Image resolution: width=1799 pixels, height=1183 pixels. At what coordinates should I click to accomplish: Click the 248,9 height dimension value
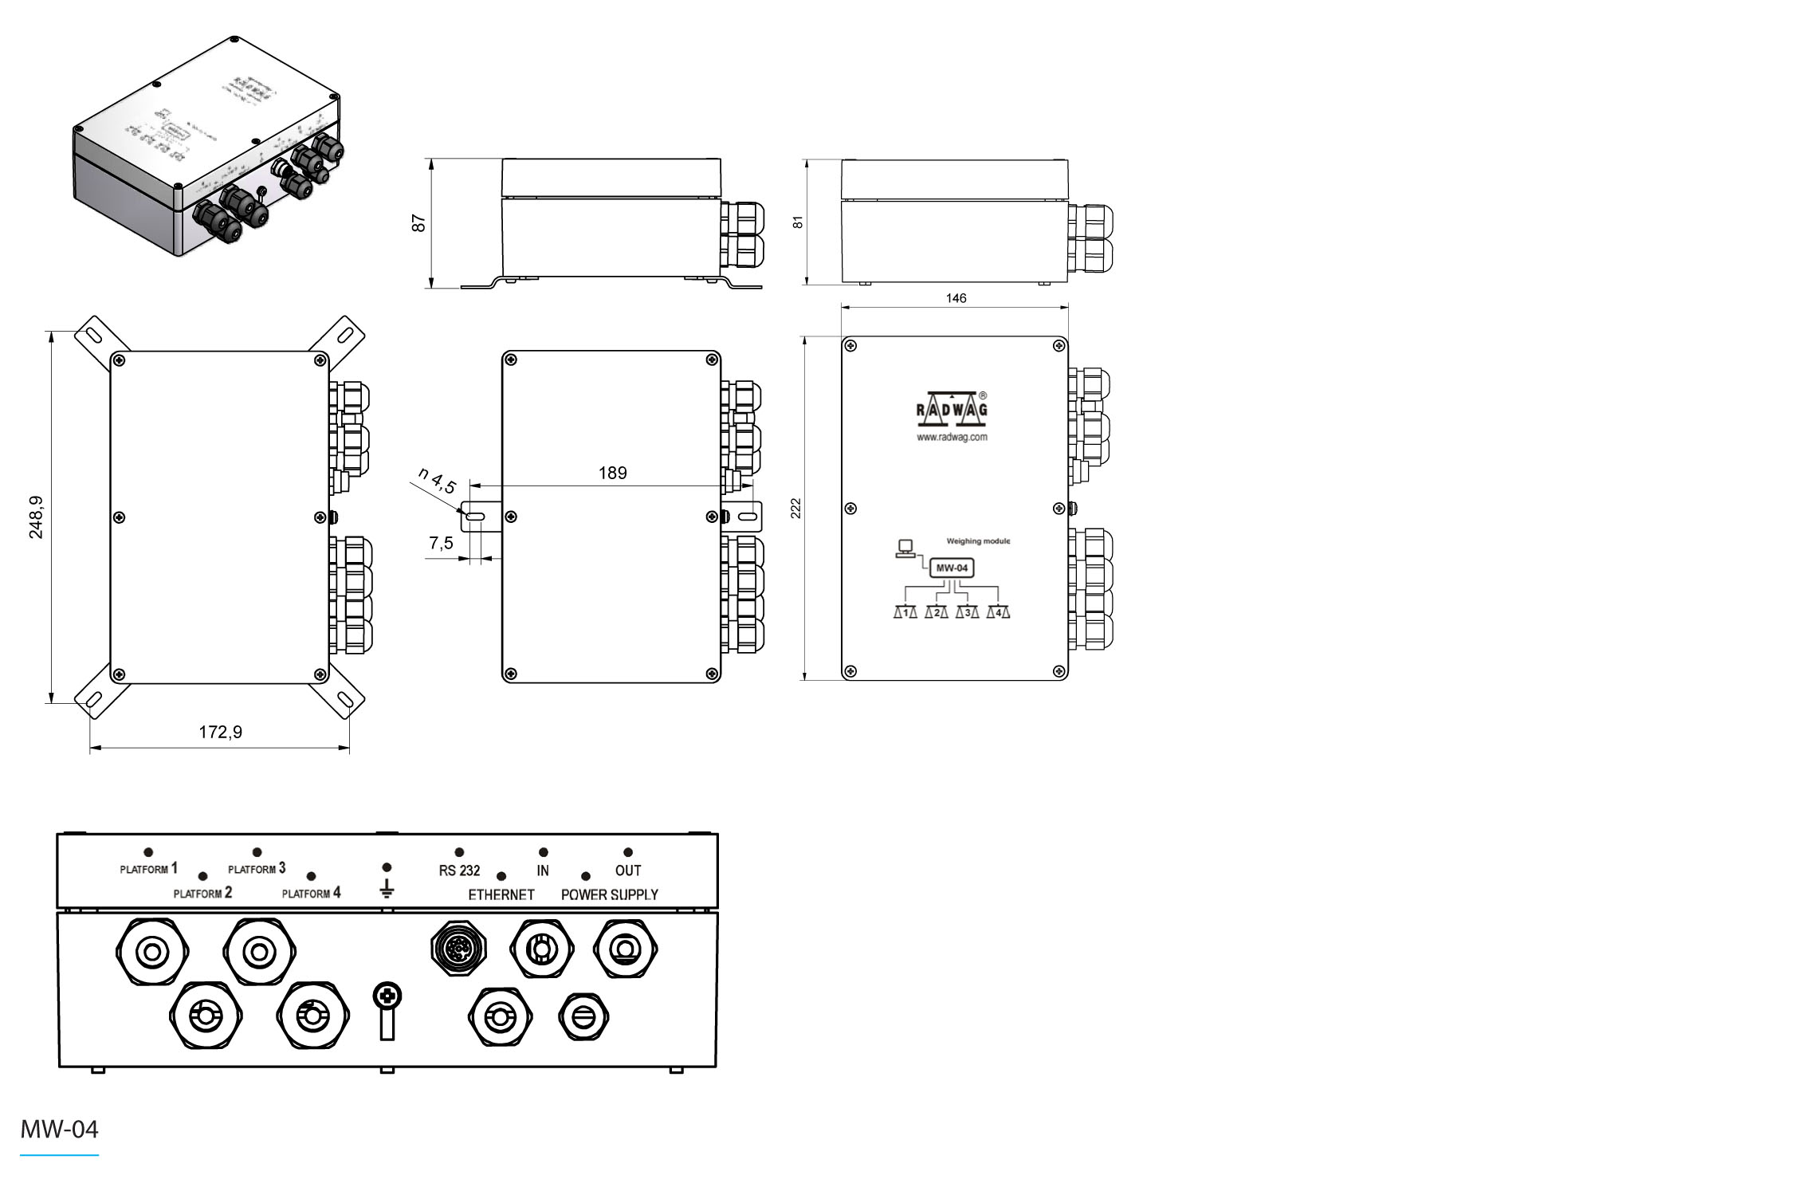coord(37,517)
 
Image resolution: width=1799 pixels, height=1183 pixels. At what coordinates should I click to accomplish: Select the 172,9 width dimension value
coord(220,732)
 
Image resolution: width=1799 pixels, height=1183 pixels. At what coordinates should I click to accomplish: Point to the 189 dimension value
coord(612,473)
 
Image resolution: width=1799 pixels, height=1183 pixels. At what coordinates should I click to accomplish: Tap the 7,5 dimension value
coord(441,543)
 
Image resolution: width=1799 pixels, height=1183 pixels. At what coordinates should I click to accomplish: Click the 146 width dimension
coord(956,298)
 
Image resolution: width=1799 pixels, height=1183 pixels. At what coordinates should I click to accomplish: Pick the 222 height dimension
coord(795,509)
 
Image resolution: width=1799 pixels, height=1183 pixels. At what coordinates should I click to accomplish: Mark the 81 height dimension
coord(798,222)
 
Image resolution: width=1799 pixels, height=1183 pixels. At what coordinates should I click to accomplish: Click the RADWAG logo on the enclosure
coord(951,407)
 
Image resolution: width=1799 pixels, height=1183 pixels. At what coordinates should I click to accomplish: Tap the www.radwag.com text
coord(952,438)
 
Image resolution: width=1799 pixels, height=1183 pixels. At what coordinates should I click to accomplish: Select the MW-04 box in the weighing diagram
coord(952,568)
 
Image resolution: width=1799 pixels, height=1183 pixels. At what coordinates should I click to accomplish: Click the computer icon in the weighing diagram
coord(905,548)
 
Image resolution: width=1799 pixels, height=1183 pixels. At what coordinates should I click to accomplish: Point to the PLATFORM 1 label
coord(148,869)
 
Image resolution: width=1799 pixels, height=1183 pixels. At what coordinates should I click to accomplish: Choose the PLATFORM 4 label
coord(311,893)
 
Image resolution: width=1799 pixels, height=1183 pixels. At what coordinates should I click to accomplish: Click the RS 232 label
coord(459,871)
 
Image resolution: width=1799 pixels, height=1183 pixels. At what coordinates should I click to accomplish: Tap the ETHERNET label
coord(501,894)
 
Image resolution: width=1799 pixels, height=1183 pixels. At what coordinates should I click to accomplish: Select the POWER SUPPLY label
coord(610,894)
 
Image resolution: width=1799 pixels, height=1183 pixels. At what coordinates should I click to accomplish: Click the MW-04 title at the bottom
coord(59,1129)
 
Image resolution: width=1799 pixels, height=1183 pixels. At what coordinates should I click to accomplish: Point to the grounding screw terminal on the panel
coord(387,996)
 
